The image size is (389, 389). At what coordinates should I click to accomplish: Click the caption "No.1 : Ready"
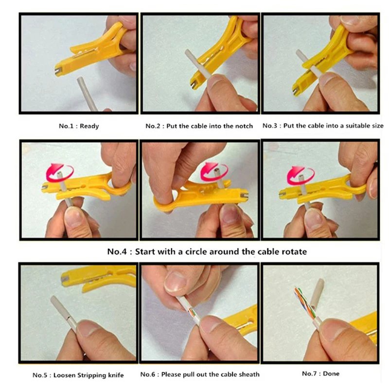point(79,126)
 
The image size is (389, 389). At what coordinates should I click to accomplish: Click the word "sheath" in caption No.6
point(248,374)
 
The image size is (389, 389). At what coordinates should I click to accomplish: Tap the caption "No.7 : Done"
point(320,373)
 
